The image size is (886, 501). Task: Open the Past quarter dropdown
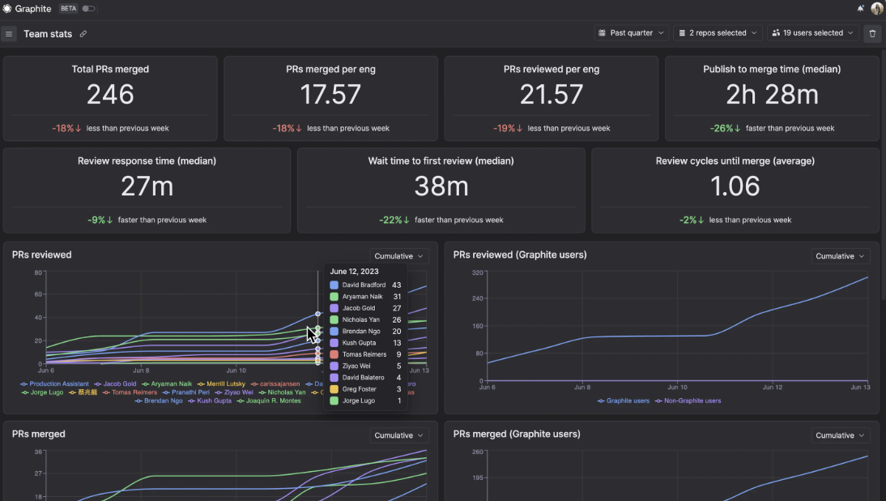point(632,33)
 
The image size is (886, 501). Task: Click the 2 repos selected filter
point(718,33)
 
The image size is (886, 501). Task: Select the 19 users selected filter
point(812,33)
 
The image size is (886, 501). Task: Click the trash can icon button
point(871,33)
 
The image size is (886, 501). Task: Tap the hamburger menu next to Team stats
point(9,34)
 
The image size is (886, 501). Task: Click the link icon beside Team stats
point(83,34)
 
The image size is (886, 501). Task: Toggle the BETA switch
point(88,9)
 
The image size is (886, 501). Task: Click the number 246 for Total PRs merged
point(110,95)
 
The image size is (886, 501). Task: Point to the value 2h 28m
point(772,95)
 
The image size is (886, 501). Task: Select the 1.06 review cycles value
point(735,186)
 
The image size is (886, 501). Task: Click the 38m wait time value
point(441,186)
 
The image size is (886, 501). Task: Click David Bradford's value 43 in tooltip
point(396,285)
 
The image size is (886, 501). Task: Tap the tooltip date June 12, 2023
point(355,272)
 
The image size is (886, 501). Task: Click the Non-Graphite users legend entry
point(688,400)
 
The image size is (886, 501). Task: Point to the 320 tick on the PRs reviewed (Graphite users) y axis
point(477,272)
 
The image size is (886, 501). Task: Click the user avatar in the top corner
point(877,8)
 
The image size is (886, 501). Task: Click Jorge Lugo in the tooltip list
point(359,400)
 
